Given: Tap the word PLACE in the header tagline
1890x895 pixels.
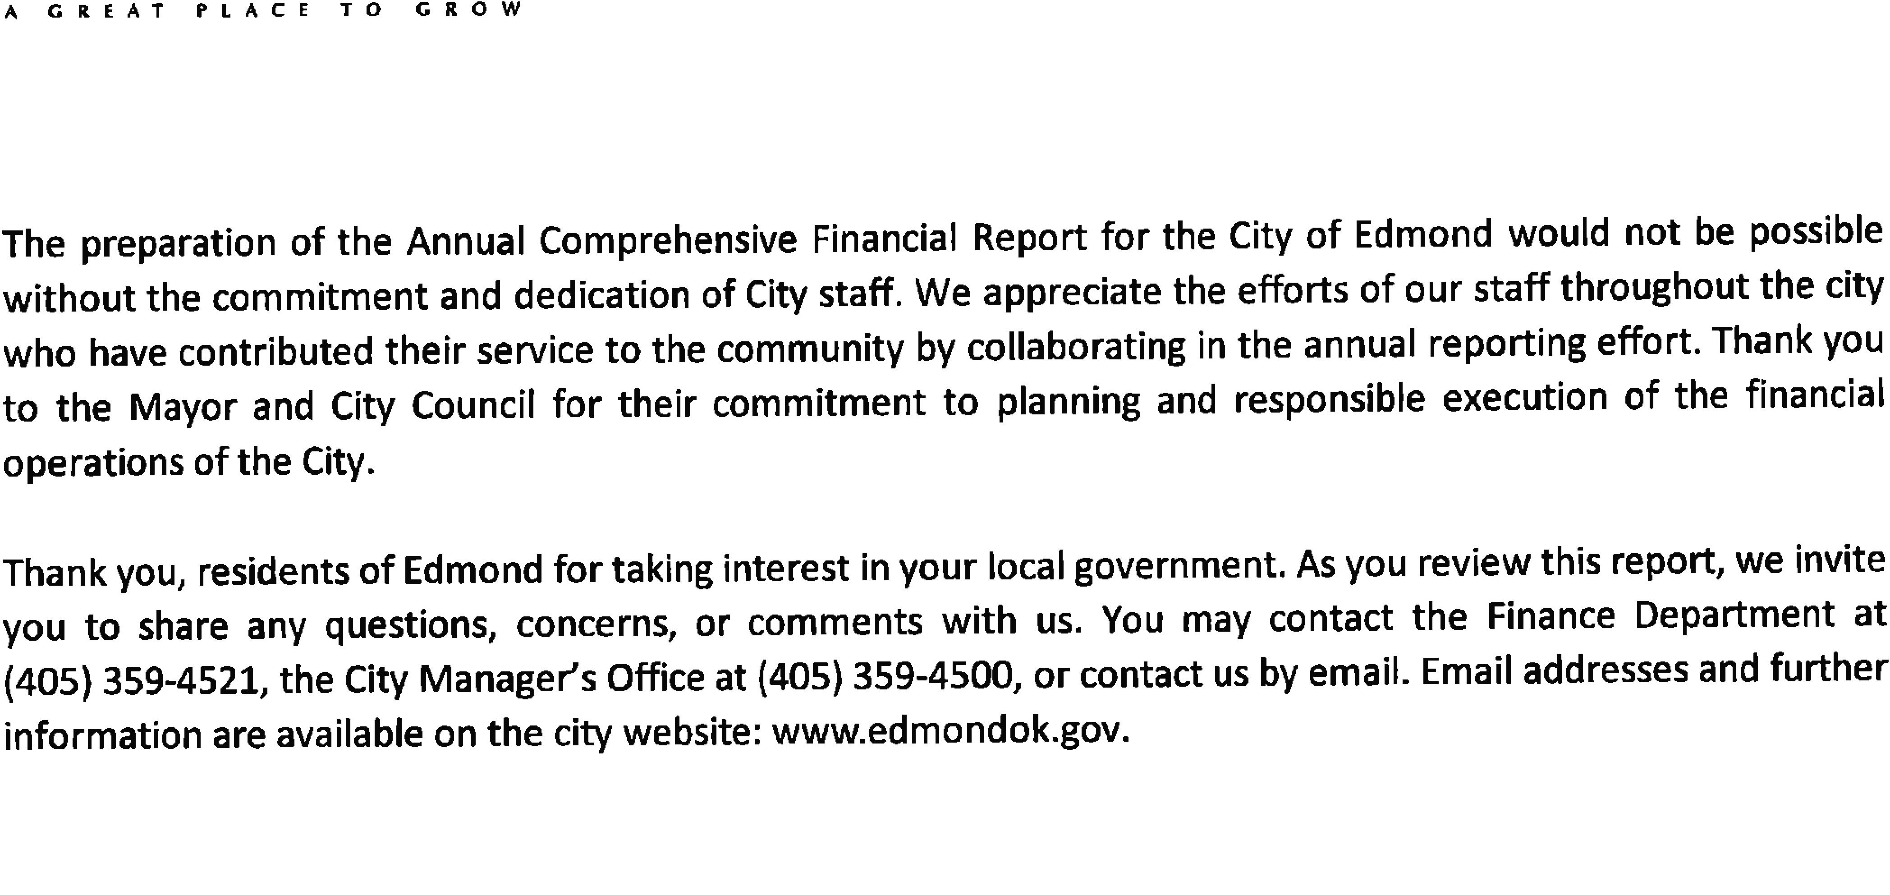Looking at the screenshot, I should click(253, 10).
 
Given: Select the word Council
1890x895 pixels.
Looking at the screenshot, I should click(473, 405).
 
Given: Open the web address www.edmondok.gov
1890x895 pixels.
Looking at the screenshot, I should click(946, 731).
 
